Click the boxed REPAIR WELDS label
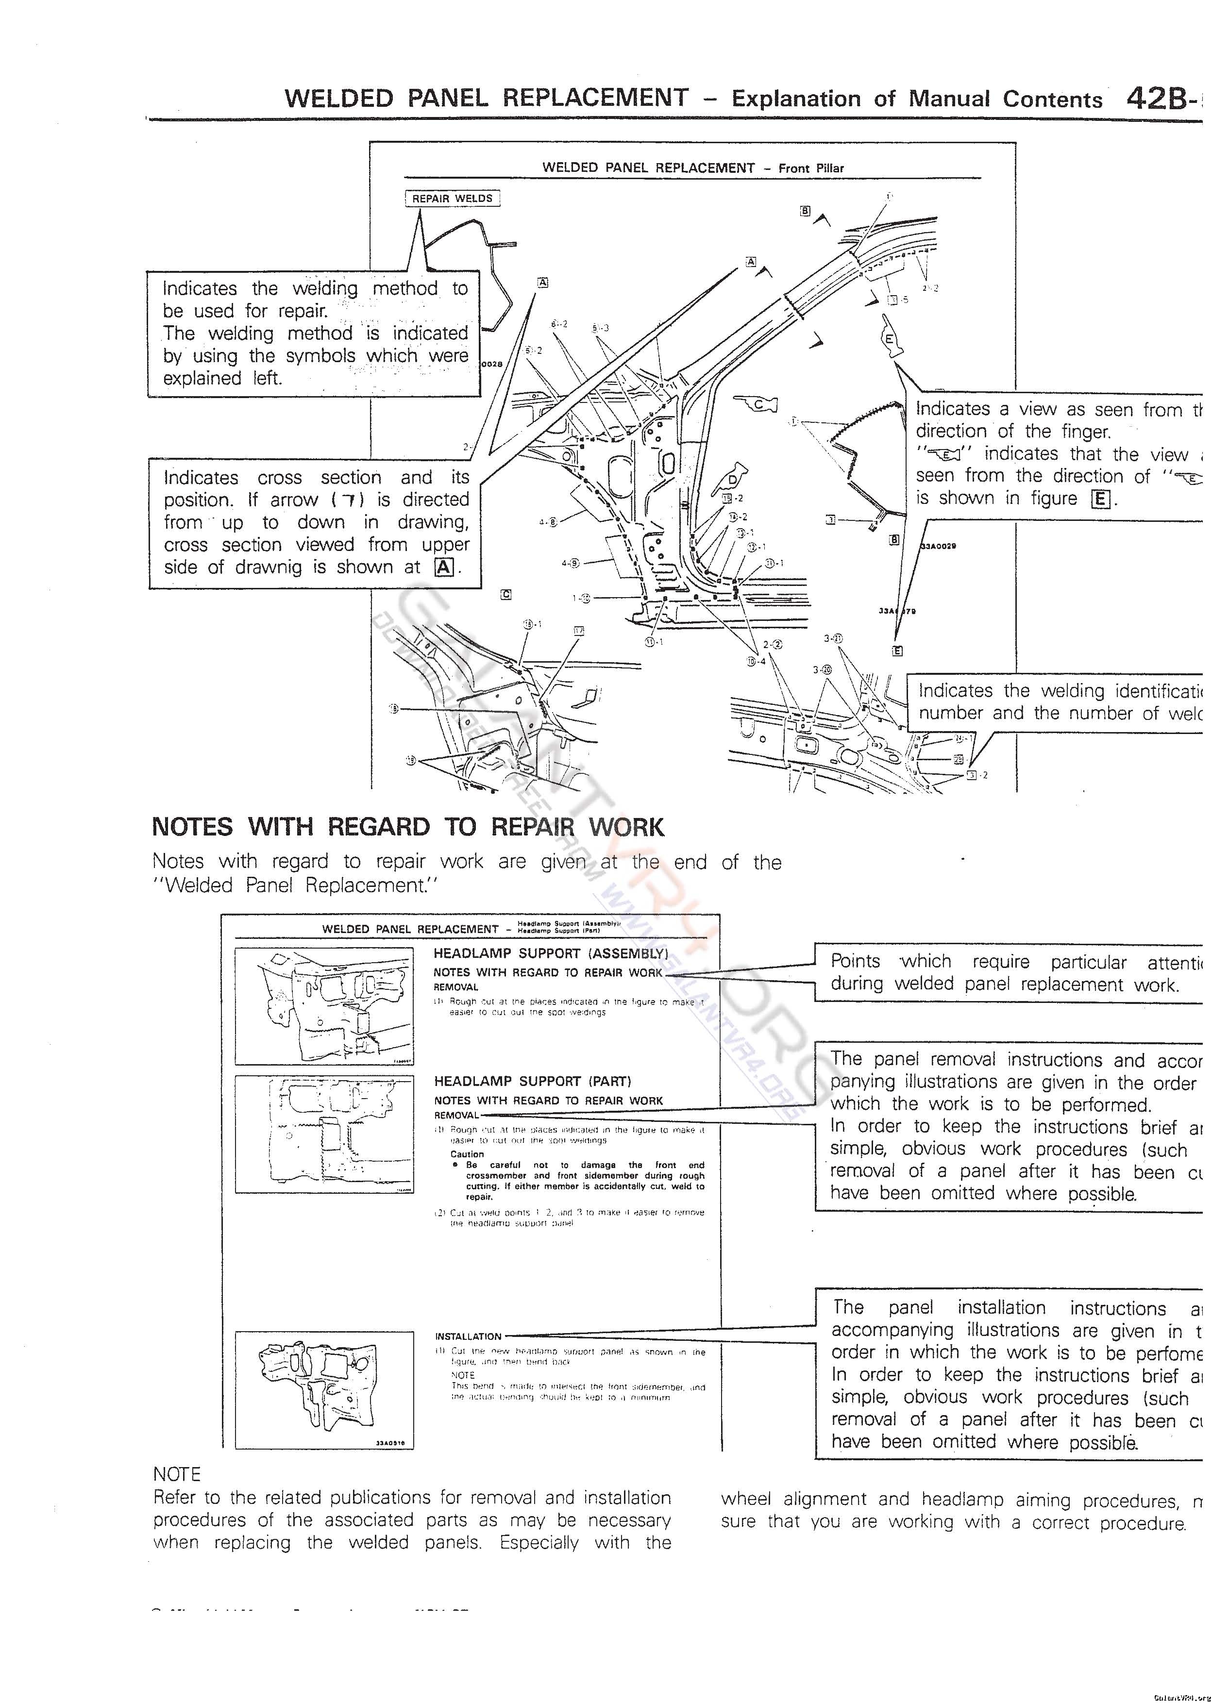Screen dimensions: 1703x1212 point(452,199)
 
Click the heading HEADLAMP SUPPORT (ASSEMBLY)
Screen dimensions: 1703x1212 point(551,953)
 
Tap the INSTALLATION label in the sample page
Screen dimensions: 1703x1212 point(468,1336)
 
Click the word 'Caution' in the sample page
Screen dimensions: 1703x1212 point(467,1154)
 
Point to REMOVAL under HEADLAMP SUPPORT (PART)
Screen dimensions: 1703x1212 point(456,1115)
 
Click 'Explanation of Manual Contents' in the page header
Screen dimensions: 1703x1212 point(916,99)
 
